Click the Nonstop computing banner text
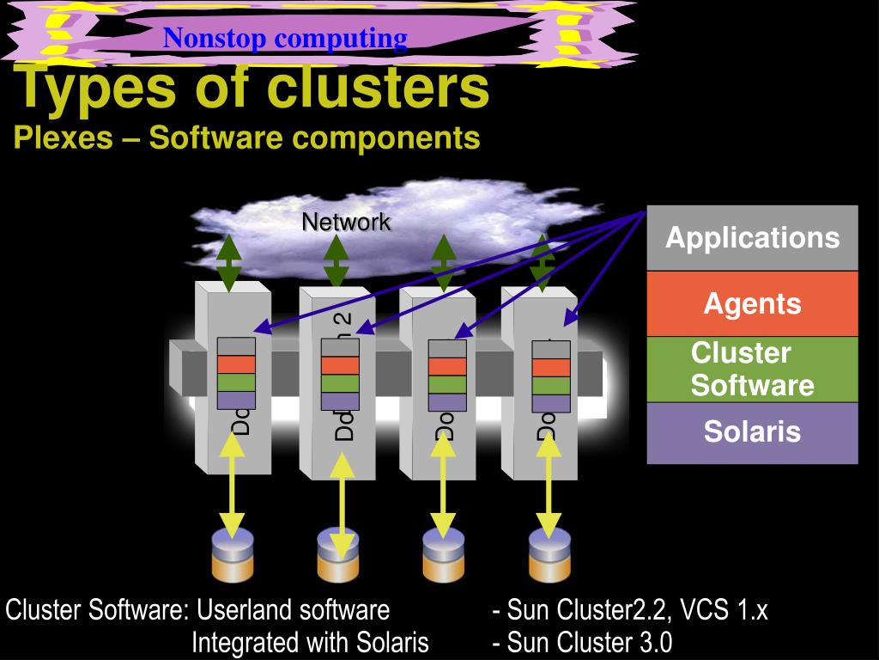click(x=285, y=38)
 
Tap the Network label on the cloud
click(x=346, y=222)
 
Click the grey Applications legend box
click(x=752, y=238)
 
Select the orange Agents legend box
click(x=752, y=303)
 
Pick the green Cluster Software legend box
click(x=752, y=369)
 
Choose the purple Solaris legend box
click(x=752, y=432)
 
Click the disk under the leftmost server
click(x=233, y=554)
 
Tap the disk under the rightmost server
click(x=550, y=554)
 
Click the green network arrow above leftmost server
click(x=229, y=262)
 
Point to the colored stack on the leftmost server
click(x=236, y=373)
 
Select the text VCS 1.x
click(x=724, y=610)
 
